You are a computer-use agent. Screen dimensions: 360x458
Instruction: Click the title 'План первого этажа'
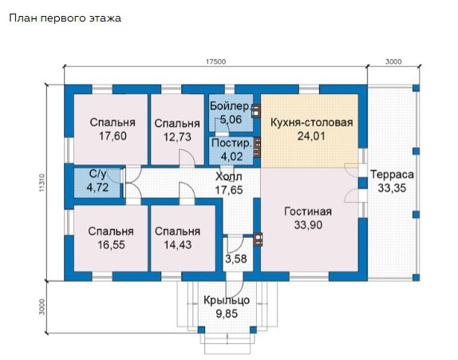click(65, 18)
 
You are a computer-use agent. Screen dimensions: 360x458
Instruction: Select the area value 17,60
click(112, 136)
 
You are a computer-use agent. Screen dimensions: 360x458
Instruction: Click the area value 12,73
click(177, 136)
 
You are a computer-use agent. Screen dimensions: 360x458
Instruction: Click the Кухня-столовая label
click(311, 123)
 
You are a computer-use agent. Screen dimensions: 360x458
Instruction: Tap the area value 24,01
click(311, 136)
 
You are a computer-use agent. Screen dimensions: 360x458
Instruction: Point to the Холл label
click(230, 176)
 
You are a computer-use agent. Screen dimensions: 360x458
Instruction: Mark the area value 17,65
click(230, 189)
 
